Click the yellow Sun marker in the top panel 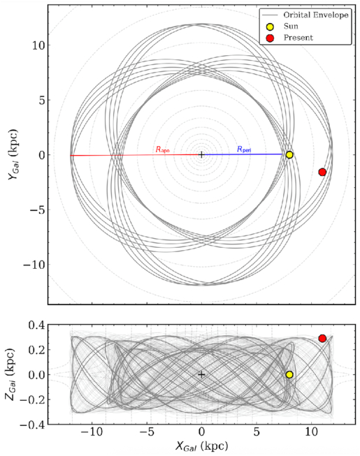(289, 155)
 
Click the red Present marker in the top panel (322, 172)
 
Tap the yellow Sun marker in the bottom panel (289, 374)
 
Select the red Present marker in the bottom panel (322, 338)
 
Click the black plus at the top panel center (201, 155)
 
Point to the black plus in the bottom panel (201, 374)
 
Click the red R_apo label (162, 149)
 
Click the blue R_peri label (244, 149)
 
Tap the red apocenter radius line (136, 155)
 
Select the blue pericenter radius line (242, 154)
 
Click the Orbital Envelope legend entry (305, 15)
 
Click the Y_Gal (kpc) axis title (13, 154)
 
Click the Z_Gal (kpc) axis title (10, 374)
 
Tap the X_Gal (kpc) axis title (201, 446)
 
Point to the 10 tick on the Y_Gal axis (38, 45)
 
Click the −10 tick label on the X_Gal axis (92, 432)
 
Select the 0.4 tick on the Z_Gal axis (36, 325)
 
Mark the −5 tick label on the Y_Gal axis (37, 210)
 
